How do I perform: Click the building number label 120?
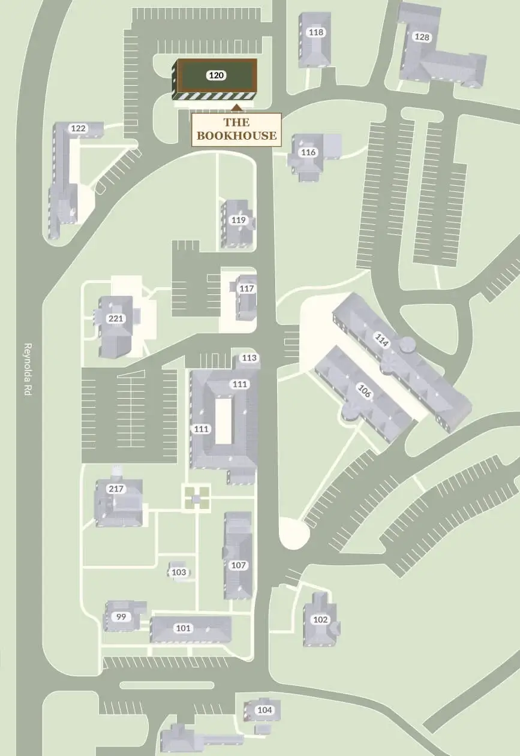pos(216,76)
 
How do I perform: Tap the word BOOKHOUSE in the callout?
pos(237,135)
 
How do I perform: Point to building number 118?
pos(315,32)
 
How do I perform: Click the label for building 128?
pos(422,37)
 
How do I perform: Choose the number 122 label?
pos(79,128)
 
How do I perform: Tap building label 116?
pos(308,152)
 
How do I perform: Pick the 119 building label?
pos(239,220)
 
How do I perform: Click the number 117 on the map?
pos(247,288)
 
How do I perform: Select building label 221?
pos(115,318)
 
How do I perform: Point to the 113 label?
pos(250,358)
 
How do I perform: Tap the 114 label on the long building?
pos(381,340)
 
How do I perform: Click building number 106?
pos(363,391)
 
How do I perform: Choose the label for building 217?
pos(116,489)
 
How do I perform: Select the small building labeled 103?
pos(179,573)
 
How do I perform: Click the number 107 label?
pos(239,565)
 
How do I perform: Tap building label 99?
pos(121,616)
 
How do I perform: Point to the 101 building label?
pos(184,628)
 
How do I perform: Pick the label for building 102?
pos(321,620)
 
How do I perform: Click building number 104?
pos(264,710)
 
